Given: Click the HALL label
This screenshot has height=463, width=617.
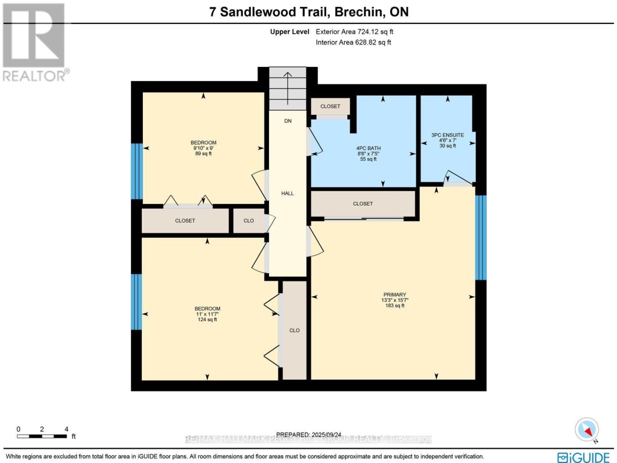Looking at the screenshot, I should (x=287, y=194).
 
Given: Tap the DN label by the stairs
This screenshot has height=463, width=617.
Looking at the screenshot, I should (x=287, y=121).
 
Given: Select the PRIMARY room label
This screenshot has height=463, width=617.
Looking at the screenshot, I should (x=395, y=295).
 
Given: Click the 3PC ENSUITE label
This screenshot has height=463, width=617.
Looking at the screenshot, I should (x=447, y=135).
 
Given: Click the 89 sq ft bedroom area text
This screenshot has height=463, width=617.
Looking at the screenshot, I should (x=203, y=154).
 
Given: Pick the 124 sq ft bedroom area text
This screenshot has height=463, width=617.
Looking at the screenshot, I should (x=207, y=320).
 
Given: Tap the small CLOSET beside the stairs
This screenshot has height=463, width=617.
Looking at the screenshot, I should (x=330, y=106).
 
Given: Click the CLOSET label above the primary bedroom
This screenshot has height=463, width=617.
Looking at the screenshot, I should (x=363, y=204).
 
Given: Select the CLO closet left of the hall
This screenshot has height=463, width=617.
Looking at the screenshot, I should (x=249, y=221).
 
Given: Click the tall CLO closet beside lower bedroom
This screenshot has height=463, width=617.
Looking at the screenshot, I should (x=294, y=330).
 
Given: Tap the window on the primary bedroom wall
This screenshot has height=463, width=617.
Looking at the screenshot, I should (x=481, y=237).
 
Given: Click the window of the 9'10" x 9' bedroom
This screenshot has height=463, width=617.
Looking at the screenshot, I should (x=136, y=171).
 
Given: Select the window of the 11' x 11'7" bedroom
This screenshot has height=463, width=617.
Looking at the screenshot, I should (x=136, y=302).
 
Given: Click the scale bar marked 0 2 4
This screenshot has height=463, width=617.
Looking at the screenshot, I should (x=43, y=436).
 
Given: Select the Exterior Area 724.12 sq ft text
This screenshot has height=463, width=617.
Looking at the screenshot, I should (x=354, y=32).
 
